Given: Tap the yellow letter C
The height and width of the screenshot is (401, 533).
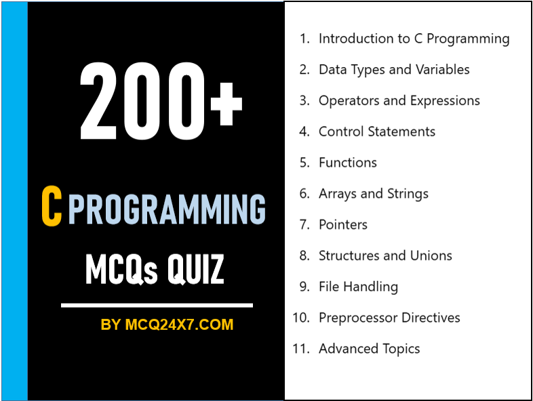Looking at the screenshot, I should tap(51, 207).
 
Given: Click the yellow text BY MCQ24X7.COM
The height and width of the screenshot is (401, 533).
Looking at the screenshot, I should tap(167, 325).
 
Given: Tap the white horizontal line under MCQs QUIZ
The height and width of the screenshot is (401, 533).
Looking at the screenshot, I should tap(157, 305).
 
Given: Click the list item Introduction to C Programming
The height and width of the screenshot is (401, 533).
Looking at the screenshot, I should tap(414, 39).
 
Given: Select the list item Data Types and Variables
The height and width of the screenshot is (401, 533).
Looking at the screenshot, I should tap(394, 70).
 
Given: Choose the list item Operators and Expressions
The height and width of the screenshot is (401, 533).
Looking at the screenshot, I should tap(399, 101).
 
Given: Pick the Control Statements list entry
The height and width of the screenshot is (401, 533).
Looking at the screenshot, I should tap(376, 131).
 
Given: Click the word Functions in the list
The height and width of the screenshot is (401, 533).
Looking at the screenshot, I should tap(347, 163).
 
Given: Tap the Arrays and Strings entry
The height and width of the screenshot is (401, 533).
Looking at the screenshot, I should tap(373, 194).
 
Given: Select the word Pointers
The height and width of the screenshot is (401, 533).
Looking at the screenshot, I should tap(342, 225).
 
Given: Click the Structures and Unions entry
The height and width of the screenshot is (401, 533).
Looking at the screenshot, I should tap(384, 255).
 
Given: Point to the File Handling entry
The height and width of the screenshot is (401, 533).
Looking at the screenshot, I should tap(358, 287).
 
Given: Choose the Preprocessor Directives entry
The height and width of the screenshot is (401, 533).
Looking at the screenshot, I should tap(389, 318).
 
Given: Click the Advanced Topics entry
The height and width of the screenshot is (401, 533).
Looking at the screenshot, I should tap(369, 349).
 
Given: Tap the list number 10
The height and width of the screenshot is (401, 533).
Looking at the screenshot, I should tap(300, 318).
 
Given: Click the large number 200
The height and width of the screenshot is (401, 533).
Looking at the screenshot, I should tap(142, 100).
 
